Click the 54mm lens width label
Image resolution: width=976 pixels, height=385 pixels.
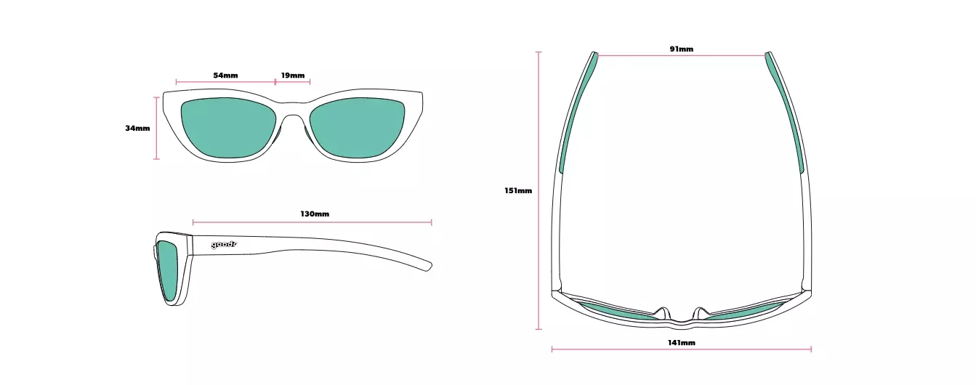[225, 76]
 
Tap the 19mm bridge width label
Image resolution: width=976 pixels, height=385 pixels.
[292, 76]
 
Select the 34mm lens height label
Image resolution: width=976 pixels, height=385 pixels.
[137, 128]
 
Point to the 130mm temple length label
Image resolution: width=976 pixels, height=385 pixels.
[315, 214]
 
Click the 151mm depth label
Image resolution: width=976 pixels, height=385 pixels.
[518, 190]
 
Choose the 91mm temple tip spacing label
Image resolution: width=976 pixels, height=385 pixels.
[682, 49]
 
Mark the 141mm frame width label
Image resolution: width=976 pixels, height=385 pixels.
[682, 342]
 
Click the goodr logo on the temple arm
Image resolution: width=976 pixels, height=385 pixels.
[224, 245]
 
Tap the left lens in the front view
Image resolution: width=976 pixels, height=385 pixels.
[228, 127]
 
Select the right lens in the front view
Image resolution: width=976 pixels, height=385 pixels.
[358, 127]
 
